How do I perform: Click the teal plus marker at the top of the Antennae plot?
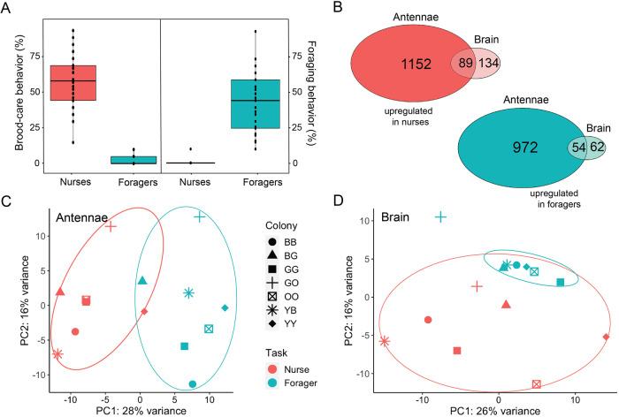[x=200, y=216]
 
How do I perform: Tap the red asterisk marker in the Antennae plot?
[x=57, y=354]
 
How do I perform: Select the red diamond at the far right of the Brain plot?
[x=606, y=337]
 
